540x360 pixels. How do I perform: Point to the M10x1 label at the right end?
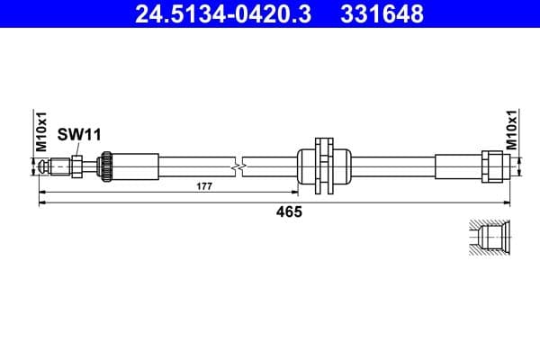coord(511,130)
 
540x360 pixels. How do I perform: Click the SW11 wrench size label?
coord(79,134)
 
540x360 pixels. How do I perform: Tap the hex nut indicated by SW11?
coord(77,166)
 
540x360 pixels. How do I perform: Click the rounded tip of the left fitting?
coord(45,166)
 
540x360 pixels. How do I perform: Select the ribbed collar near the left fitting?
coord(105,166)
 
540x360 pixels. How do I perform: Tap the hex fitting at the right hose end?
coord(493,166)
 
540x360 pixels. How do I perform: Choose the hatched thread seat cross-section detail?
coord(490,238)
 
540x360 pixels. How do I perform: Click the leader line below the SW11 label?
coord(78,148)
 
